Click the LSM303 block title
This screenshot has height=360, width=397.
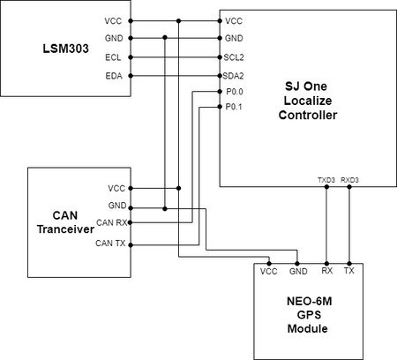65,49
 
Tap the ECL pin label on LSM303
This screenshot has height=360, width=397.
113,57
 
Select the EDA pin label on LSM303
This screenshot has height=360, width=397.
114,76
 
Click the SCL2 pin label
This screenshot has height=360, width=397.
234,57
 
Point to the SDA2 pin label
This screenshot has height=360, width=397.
233,76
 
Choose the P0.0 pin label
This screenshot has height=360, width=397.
235,92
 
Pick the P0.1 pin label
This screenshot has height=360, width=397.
234,107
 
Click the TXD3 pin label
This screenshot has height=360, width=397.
326,180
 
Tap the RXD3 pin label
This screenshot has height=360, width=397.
349,180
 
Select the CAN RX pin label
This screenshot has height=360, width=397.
112,222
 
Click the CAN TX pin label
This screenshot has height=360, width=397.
110,244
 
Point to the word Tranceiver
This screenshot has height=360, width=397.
65,229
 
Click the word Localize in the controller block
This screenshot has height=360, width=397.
308,101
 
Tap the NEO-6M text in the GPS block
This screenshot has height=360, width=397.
310,301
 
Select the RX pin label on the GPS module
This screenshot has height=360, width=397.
327,271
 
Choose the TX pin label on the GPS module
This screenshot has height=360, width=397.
349,271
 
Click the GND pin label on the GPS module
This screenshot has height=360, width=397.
298,271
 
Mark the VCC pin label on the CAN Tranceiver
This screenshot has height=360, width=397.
116,188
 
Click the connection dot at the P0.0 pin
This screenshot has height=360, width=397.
220,92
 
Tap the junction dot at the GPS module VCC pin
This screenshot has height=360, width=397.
269,264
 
